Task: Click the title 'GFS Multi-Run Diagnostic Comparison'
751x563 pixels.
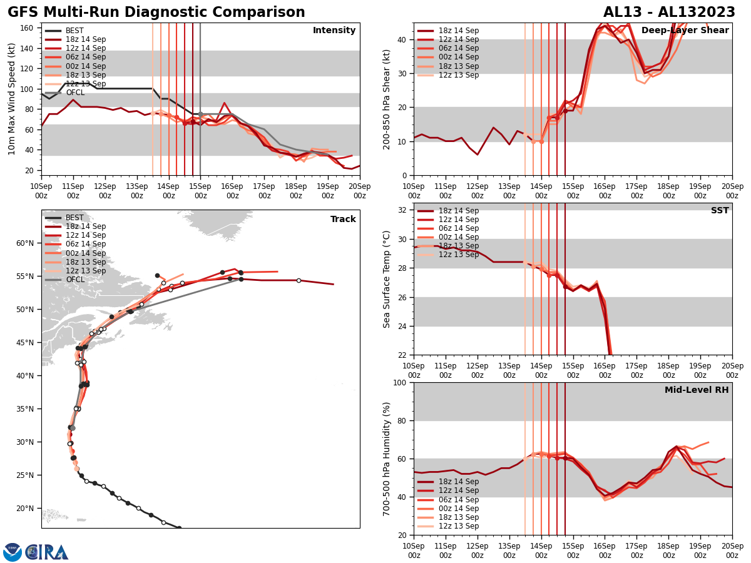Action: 156,13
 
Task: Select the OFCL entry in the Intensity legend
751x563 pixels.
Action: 75,93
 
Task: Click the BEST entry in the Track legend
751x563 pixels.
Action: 74,218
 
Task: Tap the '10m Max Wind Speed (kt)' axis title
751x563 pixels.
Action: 12,99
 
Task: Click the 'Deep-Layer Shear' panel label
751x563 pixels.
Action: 685,31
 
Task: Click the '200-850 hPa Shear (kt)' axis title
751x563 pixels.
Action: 387,99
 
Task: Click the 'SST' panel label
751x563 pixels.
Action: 720,211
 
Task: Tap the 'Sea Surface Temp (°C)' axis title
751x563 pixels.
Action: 387,279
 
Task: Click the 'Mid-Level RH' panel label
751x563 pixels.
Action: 697,390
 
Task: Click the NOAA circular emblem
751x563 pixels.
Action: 13,552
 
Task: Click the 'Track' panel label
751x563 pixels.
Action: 343,219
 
